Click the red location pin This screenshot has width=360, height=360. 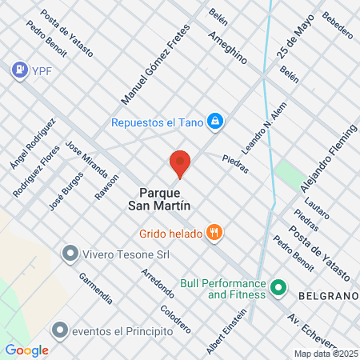[x=180, y=164]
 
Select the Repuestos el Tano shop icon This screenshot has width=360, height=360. [x=214, y=122]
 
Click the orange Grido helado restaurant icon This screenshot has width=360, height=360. [x=214, y=233]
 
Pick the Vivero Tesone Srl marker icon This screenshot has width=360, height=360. [x=70, y=254]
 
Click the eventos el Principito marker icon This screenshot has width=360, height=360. [x=59, y=330]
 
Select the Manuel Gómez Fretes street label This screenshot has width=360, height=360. [x=152, y=72]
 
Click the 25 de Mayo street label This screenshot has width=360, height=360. [x=294, y=39]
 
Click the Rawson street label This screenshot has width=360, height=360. [x=106, y=187]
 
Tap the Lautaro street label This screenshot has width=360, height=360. [x=318, y=210]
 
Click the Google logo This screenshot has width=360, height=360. [x=26, y=350]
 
